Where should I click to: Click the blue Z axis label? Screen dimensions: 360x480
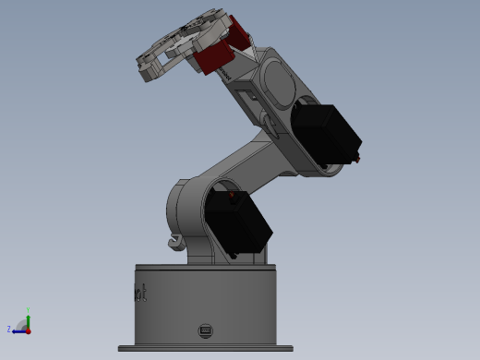click(9, 328)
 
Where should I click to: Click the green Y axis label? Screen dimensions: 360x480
click(29, 310)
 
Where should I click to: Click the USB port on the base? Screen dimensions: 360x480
click(205, 330)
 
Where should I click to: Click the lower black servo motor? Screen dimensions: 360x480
click(238, 223)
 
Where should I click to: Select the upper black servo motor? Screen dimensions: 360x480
click(325, 134)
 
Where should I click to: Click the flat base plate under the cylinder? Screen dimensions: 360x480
click(205, 348)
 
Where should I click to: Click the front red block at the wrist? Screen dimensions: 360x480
click(214, 59)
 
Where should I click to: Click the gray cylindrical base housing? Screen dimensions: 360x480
click(205, 305)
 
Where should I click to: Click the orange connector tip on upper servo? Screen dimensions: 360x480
click(358, 158)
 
